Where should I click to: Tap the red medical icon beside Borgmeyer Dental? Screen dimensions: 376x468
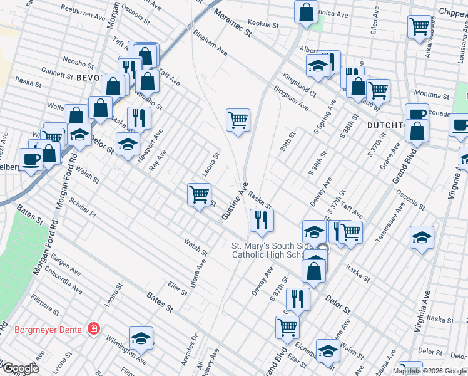pyautogui.click(x=93, y=328)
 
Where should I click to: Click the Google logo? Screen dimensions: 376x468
pyautogui.click(x=20, y=368)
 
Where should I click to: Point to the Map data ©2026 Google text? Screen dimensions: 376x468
pyautogui.click(x=429, y=371)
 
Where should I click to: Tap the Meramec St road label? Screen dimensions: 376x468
pyautogui.click(x=232, y=23)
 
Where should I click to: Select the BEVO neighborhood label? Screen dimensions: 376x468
pyautogui.click(x=88, y=78)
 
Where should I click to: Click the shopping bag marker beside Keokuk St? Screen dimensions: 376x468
pyautogui.click(x=306, y=12)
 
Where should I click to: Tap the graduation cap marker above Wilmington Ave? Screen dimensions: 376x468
pyautogui.click(x=141, y=338)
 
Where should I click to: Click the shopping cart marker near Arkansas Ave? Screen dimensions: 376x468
pyautogui.click(x=419, y=26)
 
